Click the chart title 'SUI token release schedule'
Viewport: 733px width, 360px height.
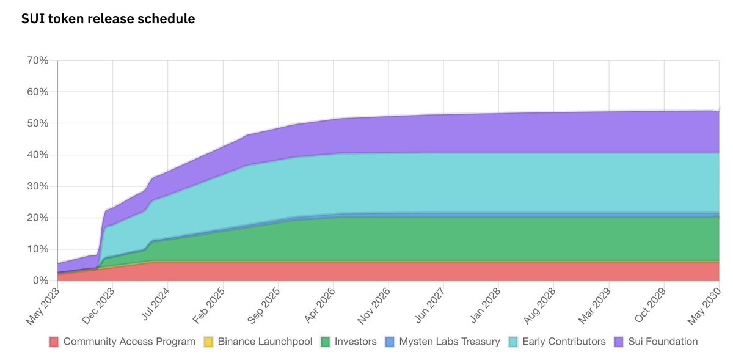108,19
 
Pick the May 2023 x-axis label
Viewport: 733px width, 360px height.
42,305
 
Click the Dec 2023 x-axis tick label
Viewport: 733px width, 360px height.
97,305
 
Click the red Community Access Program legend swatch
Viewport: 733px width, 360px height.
54,342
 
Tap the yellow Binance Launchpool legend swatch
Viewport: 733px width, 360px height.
209,342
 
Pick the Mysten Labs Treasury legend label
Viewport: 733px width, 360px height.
450,342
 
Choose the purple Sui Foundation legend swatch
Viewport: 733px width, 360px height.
619,342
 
